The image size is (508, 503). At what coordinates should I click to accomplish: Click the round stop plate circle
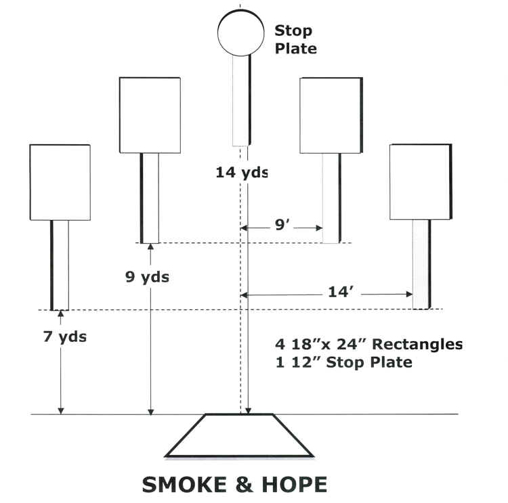[240, 33]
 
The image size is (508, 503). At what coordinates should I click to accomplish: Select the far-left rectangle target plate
[60, 182]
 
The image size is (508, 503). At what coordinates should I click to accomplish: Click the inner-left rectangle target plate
[150, 115]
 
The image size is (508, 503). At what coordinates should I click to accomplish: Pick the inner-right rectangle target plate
[331, 115]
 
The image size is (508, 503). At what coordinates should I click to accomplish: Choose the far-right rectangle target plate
[420, 181]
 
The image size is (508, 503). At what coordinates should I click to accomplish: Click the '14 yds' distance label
[242, 172]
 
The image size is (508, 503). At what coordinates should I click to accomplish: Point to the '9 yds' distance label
[147, 276]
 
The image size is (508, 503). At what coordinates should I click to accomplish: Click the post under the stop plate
[242, 100]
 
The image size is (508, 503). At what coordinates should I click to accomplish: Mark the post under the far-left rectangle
[60, 264]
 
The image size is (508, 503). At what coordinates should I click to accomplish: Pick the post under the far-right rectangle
[421, 264]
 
